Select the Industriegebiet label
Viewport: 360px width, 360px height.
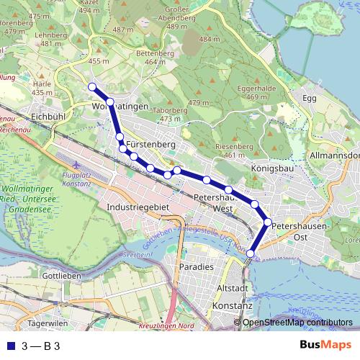pyautogui.click(x=136, y=207)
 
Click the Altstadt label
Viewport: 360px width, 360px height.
pyautogui.click(x=232, y=288)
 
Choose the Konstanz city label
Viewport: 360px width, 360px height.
pyautogui.click(x=232, y=305)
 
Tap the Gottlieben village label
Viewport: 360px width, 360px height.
pyautogui.click(x=60, y=276)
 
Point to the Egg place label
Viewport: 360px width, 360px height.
pyautogui.click(x=310, y=97)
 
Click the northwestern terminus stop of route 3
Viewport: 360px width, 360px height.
pyautogui.click(x=92, y=87)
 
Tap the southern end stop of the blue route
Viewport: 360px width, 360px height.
pyautogui.click(x=251, y=253)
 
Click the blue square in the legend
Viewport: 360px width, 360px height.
pyautogui.click(x=10, y=346)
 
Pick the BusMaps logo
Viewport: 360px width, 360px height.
pyautogui.click(x=325, y=346)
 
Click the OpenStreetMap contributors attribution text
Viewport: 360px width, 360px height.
pyautogui.click(x=297, y=323)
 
